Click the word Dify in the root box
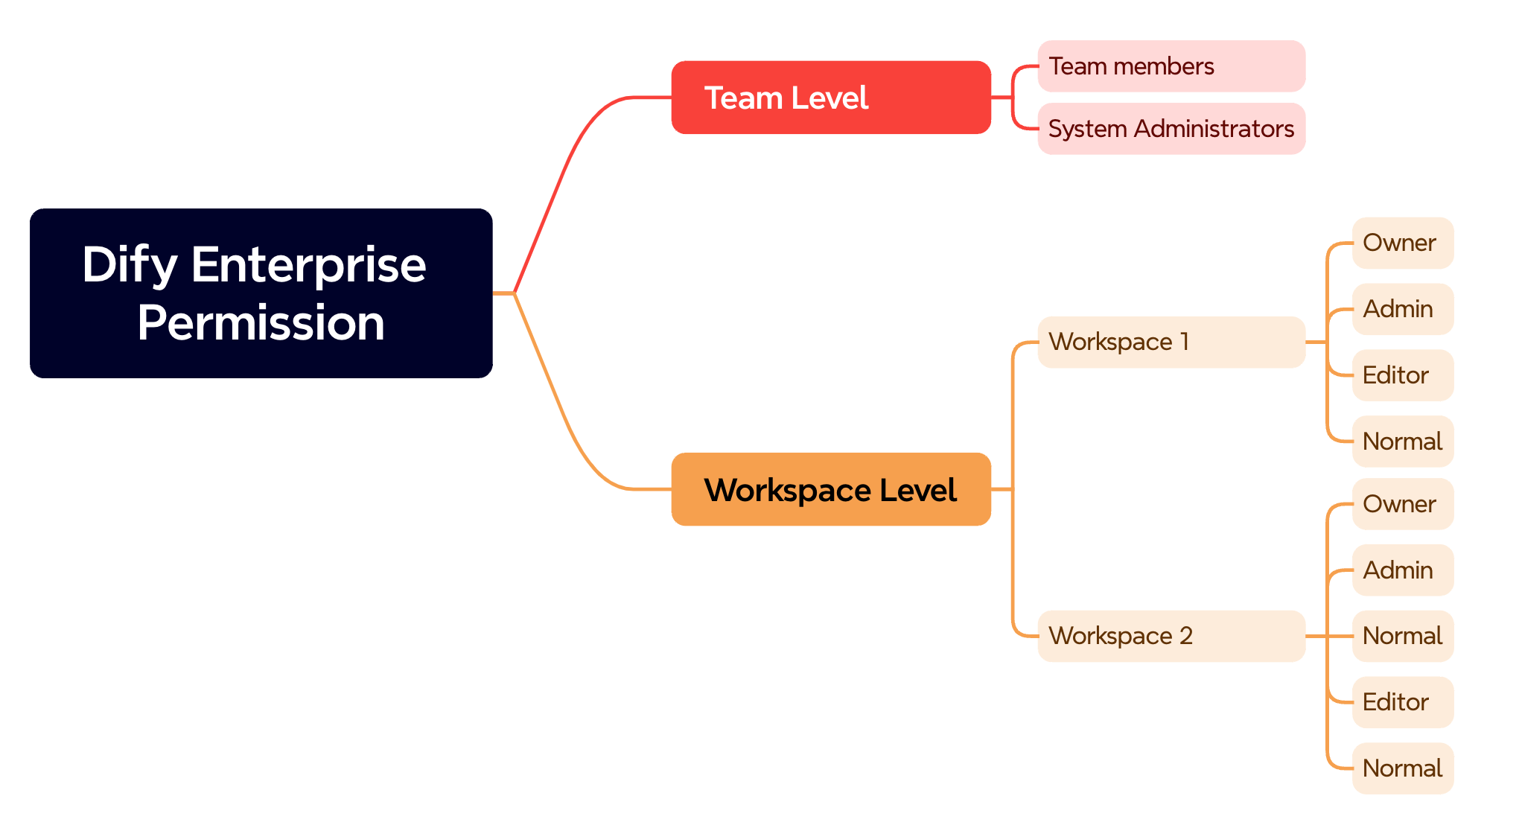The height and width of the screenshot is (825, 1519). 130,266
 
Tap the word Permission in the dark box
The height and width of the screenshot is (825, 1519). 261,324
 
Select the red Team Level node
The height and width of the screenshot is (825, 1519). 831,98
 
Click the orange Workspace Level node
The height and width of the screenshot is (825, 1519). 831,489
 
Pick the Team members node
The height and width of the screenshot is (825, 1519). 1171,66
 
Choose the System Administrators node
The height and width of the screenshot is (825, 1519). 1171,129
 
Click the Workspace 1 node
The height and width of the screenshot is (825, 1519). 1171,342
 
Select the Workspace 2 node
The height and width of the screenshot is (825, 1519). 1171,636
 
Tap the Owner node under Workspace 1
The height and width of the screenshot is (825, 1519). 1403,243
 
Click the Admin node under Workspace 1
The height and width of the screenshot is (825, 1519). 1403,309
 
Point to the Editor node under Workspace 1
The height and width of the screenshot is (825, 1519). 1403,375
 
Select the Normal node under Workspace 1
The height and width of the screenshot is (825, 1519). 1403,442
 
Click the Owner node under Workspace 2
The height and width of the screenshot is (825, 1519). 1403,504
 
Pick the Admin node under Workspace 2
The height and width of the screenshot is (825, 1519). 1403,570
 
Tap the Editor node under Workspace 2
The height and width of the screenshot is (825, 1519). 1403,702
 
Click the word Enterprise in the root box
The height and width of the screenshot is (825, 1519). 308,264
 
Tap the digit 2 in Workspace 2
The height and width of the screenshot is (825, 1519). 1186,636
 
